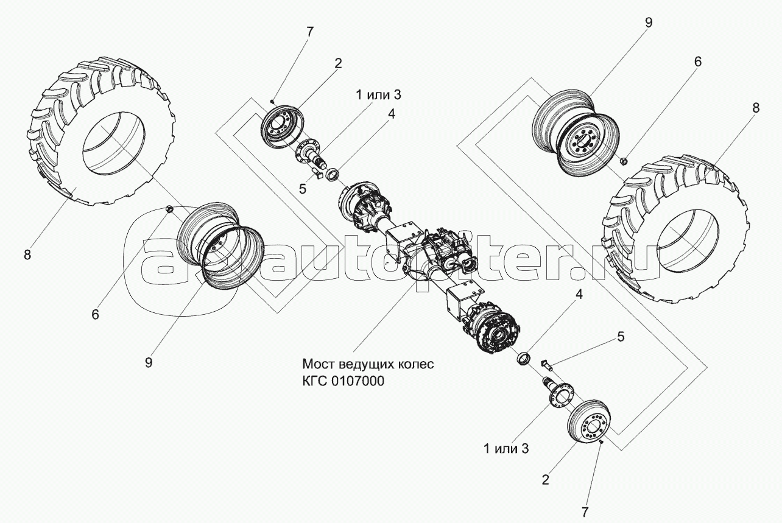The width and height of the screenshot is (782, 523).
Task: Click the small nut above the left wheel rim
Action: tap(168, 209)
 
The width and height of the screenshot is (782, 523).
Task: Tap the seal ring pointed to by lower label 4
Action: tap(524, 359)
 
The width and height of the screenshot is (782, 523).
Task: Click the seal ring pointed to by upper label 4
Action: tap(333, 174)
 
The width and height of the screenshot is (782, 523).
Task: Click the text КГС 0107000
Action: tap(343, 381)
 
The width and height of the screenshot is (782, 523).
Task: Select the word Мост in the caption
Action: tap(318, 364)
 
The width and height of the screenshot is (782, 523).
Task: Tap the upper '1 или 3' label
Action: tap(378, 94)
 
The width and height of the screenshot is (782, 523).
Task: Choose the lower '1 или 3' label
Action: tap(506, 449)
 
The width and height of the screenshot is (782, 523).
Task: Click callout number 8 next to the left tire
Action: tap(27, 254)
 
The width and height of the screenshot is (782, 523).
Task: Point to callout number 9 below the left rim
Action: tap(149, 363)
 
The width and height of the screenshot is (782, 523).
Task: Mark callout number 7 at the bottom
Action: tap(585, 512)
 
